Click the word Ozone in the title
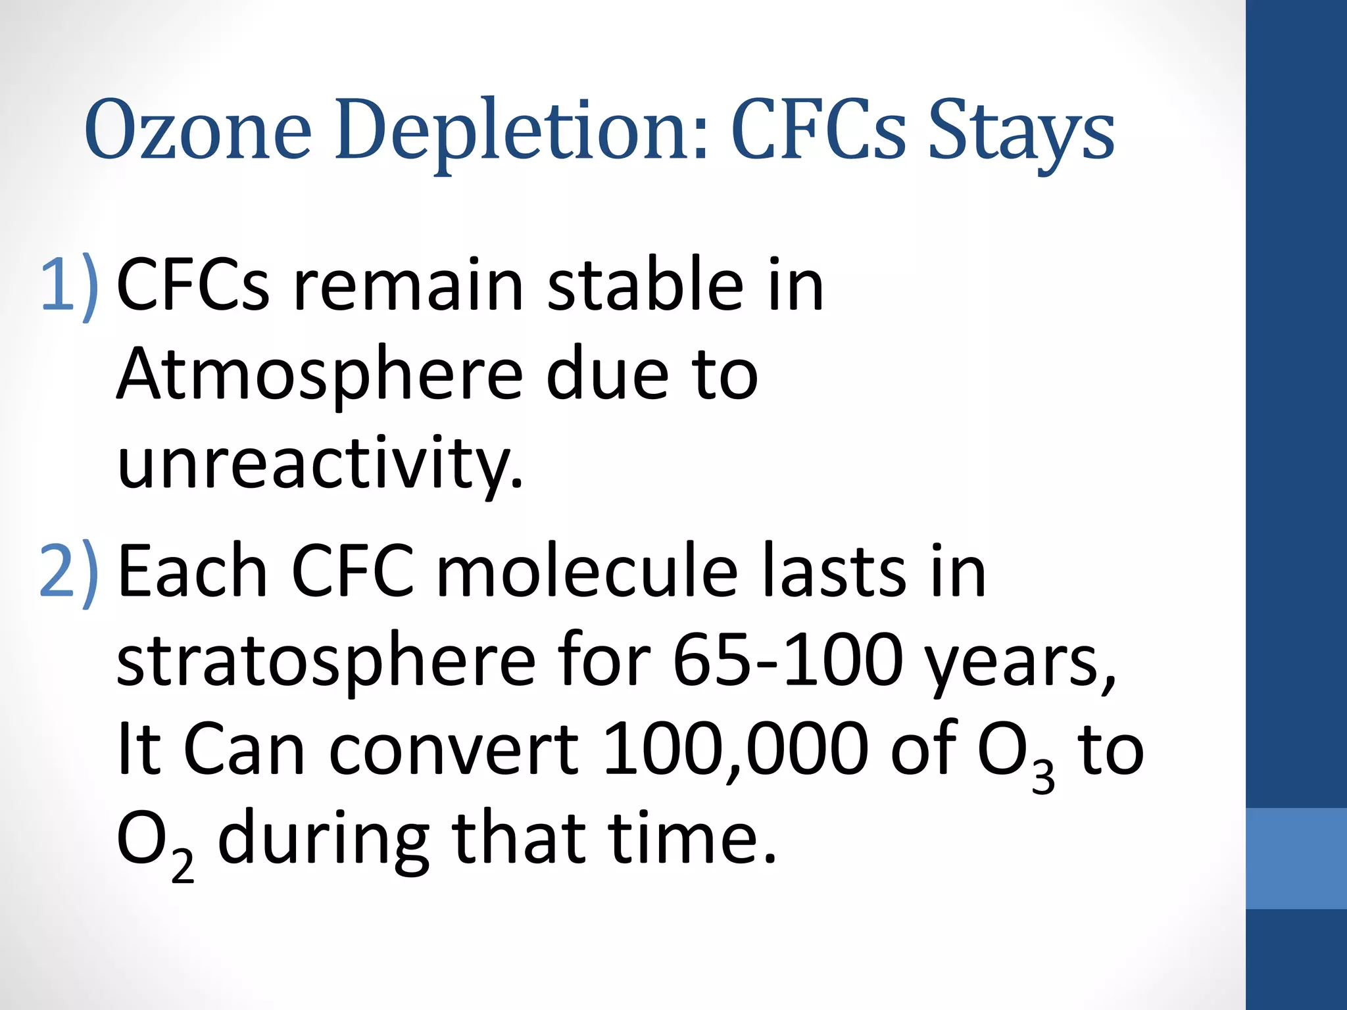point(197,130)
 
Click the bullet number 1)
point(70,285)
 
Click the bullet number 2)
point(70,571)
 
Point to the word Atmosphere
point(320,375)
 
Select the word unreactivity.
point(320,463)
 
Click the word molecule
point(587,571)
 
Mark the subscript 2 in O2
point(183,867)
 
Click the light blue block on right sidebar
point(1296,858)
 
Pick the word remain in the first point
point(408,285)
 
